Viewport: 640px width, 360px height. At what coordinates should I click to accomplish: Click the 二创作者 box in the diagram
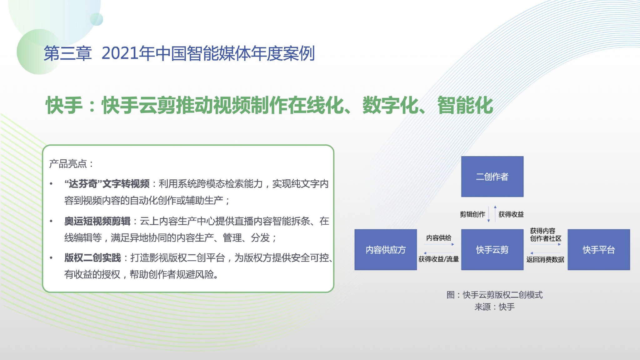pos(492,177)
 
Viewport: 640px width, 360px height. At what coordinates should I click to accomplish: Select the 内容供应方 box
pos(386,250)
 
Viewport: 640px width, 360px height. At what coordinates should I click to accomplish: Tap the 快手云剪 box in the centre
pos(492,250)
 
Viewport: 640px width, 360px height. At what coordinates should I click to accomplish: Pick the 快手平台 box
pos(599,250)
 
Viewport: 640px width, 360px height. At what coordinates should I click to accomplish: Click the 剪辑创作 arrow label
pos(472,214)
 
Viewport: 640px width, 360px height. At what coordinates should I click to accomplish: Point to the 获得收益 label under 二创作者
pos(511,214)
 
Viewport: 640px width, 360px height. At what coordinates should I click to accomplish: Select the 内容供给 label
pos(439,238)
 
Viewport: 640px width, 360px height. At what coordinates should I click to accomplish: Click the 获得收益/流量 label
pos(439,259)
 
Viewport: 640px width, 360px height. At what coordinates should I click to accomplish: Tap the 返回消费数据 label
pos(545,259)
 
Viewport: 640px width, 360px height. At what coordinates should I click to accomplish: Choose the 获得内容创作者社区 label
pos(546,234)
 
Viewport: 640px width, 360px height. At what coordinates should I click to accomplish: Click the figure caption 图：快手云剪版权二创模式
pos(494,295)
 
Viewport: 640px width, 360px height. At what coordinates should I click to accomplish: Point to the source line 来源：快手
pos(494,307)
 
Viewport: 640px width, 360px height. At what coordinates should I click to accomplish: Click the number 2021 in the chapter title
pos(120,53)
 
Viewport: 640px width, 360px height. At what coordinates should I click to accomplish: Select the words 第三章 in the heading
pos(68,53)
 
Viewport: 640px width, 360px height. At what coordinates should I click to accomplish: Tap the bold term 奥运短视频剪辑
pos(97,221)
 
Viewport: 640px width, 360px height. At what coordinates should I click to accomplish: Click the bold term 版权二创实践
pos(92,258)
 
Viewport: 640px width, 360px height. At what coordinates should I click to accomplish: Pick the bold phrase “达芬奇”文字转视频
pos(107,184)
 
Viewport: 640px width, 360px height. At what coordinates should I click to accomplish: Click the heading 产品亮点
pos(68,163)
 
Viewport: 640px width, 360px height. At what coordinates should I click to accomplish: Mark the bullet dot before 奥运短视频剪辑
pos(51,221)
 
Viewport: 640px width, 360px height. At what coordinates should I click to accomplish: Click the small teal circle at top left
pos(97,19)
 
